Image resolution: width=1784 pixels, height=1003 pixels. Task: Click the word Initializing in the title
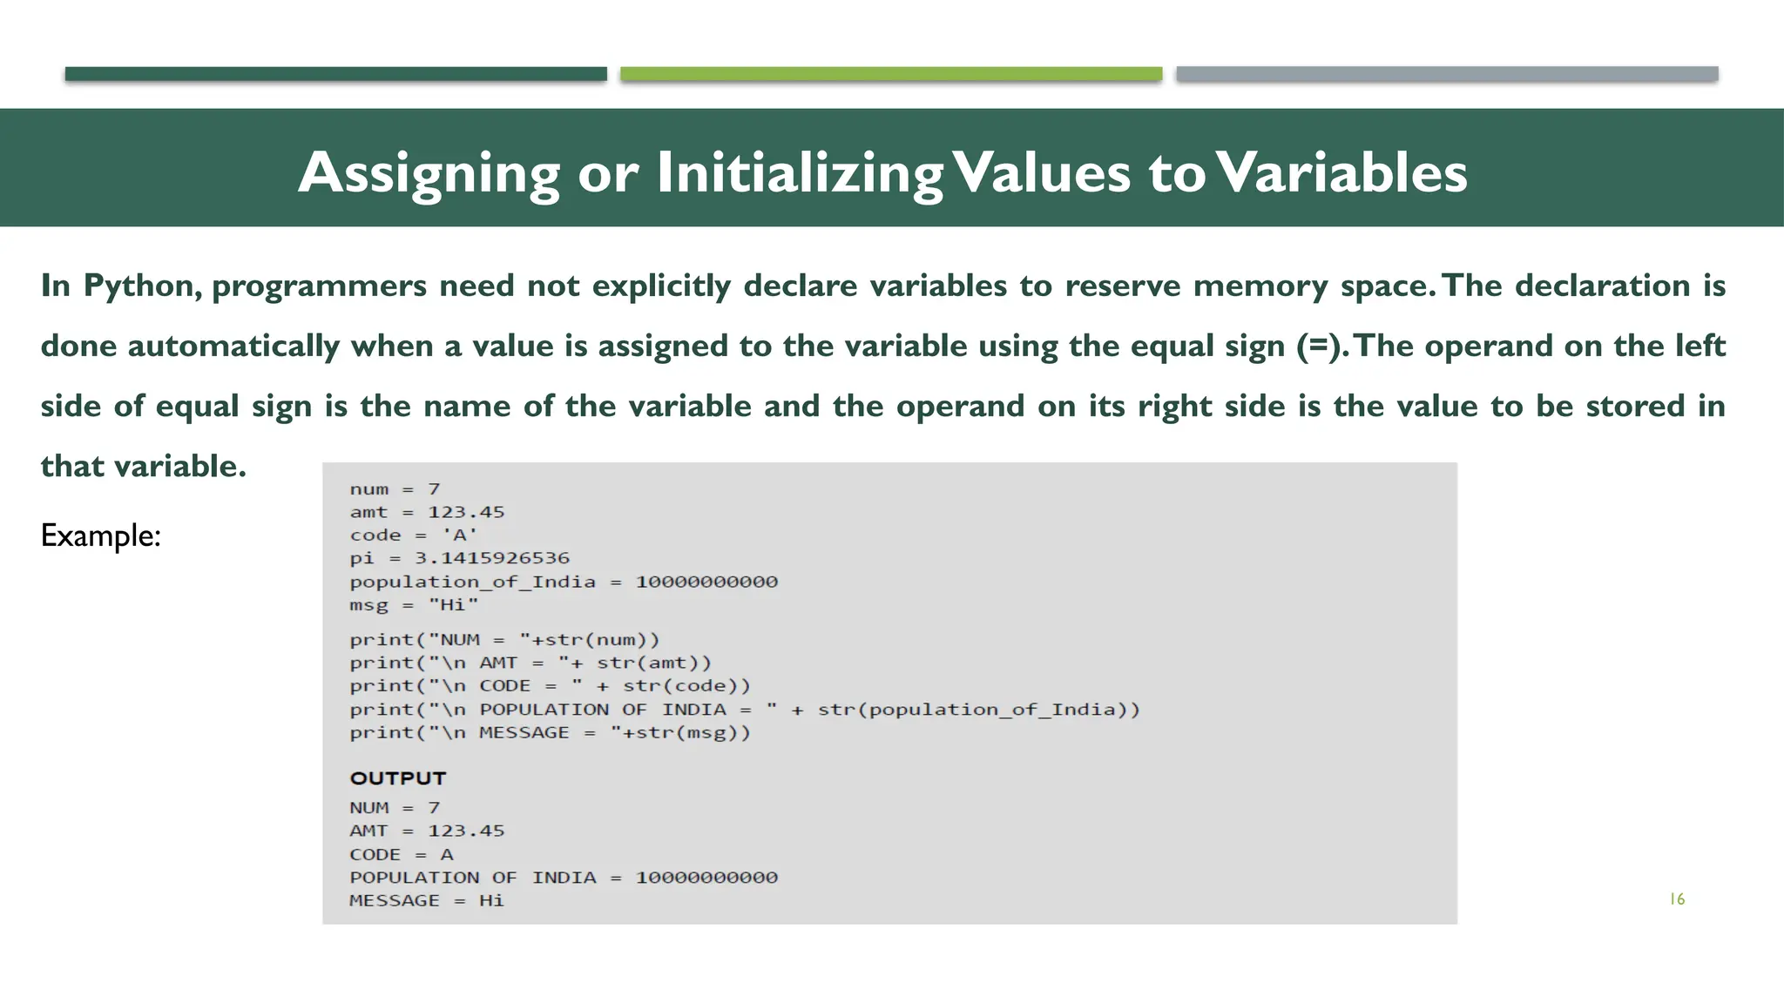[799, 172]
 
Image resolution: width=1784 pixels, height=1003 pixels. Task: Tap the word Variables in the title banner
[1341, 172]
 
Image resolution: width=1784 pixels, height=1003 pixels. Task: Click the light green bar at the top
[890, 74]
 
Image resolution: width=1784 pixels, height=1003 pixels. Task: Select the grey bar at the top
[1446, 74]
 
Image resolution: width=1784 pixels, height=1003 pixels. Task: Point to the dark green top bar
[335, 74]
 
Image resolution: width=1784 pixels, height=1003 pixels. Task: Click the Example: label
[100, 535]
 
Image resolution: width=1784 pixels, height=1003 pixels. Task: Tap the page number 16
[1677, 899]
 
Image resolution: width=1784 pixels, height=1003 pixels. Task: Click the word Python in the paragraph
[142, 286]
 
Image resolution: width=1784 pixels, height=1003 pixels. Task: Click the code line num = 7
[395, 489]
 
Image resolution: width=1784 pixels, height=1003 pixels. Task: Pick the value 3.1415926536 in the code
[491, 558]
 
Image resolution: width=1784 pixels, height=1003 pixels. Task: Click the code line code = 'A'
[413, 535]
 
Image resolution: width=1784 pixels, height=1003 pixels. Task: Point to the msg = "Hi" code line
[414, 605]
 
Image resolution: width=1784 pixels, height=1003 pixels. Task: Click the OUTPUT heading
[397, 778]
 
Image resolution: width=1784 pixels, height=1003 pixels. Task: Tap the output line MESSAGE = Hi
[427, 901]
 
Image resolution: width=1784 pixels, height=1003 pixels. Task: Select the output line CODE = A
[401, 855]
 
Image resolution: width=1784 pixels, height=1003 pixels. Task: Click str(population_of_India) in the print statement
[977, 710]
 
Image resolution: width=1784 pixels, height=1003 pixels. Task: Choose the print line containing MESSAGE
[549, 733]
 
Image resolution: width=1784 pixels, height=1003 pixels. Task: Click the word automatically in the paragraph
[233, 346]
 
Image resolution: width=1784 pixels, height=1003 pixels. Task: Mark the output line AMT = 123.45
[427, 831]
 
